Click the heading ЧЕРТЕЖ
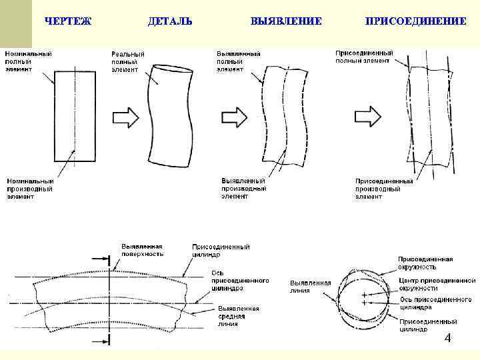67,21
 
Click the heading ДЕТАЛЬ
170,21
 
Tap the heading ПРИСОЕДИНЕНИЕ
415,21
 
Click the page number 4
448,339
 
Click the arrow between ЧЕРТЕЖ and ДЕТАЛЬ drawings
125,117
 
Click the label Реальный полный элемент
128,61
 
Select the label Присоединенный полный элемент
364,56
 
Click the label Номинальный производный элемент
31,189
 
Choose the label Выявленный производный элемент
244,188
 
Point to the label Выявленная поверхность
142,249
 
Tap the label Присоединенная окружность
425,263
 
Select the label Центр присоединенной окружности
437,285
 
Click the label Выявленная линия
310,287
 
